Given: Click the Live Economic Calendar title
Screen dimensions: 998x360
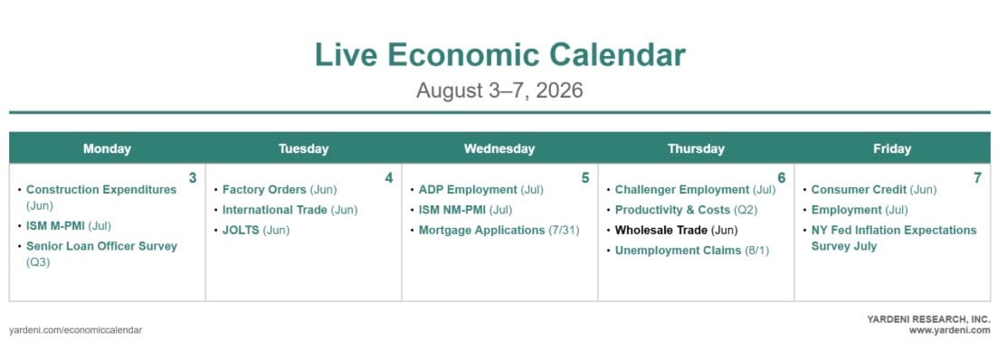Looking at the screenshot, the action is pyautogui.click(x=500, y=54).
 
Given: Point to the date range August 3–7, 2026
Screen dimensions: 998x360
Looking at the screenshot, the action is pyautogui.click(x=499, y=90).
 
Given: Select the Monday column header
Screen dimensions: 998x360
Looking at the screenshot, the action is pyautogui.click(x=107, y=149).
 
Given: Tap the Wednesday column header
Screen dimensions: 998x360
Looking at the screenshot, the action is pyautogui.click(x=499, y=149).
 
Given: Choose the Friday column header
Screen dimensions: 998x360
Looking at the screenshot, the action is pyautogui.click(x=892, y=149).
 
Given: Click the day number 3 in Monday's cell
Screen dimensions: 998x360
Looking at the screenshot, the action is pyautogui.click(x=193, y=178).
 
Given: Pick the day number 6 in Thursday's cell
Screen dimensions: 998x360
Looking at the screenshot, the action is pyautogui.click(x=782, y=178).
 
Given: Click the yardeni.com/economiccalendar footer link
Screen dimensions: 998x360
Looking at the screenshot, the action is pyautogui.click(x=76, y=330).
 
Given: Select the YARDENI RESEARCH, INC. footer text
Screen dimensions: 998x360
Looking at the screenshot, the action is pyautogui.click(x=928, y=319).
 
